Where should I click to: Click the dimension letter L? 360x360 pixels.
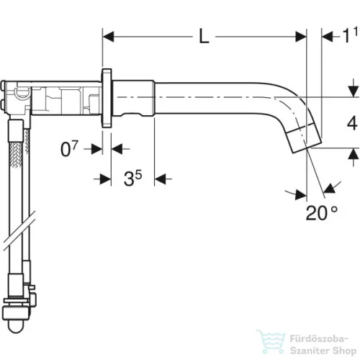click(x=204, y=37)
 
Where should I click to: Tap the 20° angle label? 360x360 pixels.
click(x=322, y=213)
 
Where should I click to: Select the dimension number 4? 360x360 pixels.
click(x=352, y=124)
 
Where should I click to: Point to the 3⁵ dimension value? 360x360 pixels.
click(x=132, y=178)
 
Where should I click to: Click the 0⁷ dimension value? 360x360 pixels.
click(x=69, y=148)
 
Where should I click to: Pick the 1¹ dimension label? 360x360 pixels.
click(x=350, y=35)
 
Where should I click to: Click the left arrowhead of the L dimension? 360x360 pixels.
click(x=108, y=37)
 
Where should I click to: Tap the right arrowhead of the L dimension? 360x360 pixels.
click(x=301, y=37)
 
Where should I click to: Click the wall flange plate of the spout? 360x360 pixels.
click(x=107, y=98)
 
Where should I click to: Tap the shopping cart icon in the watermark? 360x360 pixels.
click(x=271, y=341)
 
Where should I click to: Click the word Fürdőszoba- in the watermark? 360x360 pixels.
click(x=319, y=339)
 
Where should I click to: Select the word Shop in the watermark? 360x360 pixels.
click(x=344, y=351)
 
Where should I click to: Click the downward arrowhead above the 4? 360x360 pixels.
click(x=353, y=91)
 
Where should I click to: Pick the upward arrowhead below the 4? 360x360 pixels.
click(x=353, y=153)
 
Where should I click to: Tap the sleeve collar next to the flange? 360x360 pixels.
click(x=133, y=98)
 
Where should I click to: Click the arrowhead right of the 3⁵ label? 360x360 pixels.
click(x=160, y=179)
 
